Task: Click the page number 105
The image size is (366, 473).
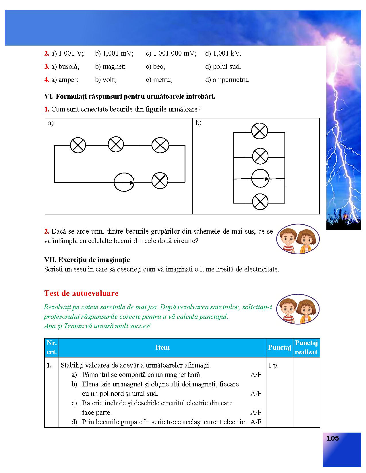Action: click(332, 438)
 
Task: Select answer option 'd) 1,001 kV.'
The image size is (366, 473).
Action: click(223, 53)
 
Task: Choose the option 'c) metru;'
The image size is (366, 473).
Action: click(159, 80)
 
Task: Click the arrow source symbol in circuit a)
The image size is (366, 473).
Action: click(124, 182)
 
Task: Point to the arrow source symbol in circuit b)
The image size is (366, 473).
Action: click(260, 178)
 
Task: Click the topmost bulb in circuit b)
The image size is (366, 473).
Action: click(260, 131)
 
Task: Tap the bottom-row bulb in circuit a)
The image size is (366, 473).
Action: click(160, 181)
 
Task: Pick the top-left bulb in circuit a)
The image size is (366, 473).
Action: click(78, 145)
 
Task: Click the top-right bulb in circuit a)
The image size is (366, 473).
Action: click(160, 145)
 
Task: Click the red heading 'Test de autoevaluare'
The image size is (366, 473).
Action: click(81, 293)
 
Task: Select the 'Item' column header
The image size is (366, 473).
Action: click(162, 347)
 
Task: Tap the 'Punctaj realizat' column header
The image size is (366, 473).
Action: click(306, 347)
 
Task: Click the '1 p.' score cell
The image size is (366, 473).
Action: click(273, 365)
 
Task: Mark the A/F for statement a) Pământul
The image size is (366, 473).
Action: click(256, 375)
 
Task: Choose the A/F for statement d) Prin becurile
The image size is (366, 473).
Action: click(256, 422)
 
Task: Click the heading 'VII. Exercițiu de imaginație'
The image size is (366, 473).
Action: click(87, 260)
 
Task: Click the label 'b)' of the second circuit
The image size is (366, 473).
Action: click(199, 123)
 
